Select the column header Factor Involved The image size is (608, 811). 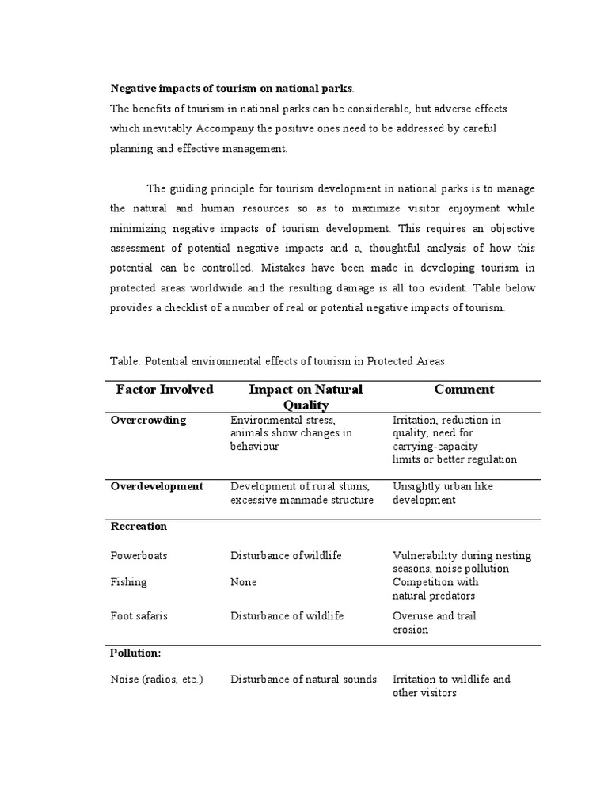tap(165, 390)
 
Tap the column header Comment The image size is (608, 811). tap(464, 390)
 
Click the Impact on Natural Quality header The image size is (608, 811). tap(306, 397)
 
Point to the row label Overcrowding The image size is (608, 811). tap(148, 421)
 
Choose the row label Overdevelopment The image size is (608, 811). tap(157, 486)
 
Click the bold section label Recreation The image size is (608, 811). tap(139, 526)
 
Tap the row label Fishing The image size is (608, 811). tap(128, 582)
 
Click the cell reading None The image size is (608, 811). tap(244, 582)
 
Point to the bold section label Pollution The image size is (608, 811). tap(135, 653)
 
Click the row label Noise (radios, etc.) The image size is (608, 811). tap(157, 680)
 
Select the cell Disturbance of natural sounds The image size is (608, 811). tap(303, 680)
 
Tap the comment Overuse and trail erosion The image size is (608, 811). tap(434, 623)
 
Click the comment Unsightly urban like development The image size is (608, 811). tap(443, 493)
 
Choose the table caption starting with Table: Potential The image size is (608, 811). tap(277, 361)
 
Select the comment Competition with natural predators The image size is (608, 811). tap(435, 588)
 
